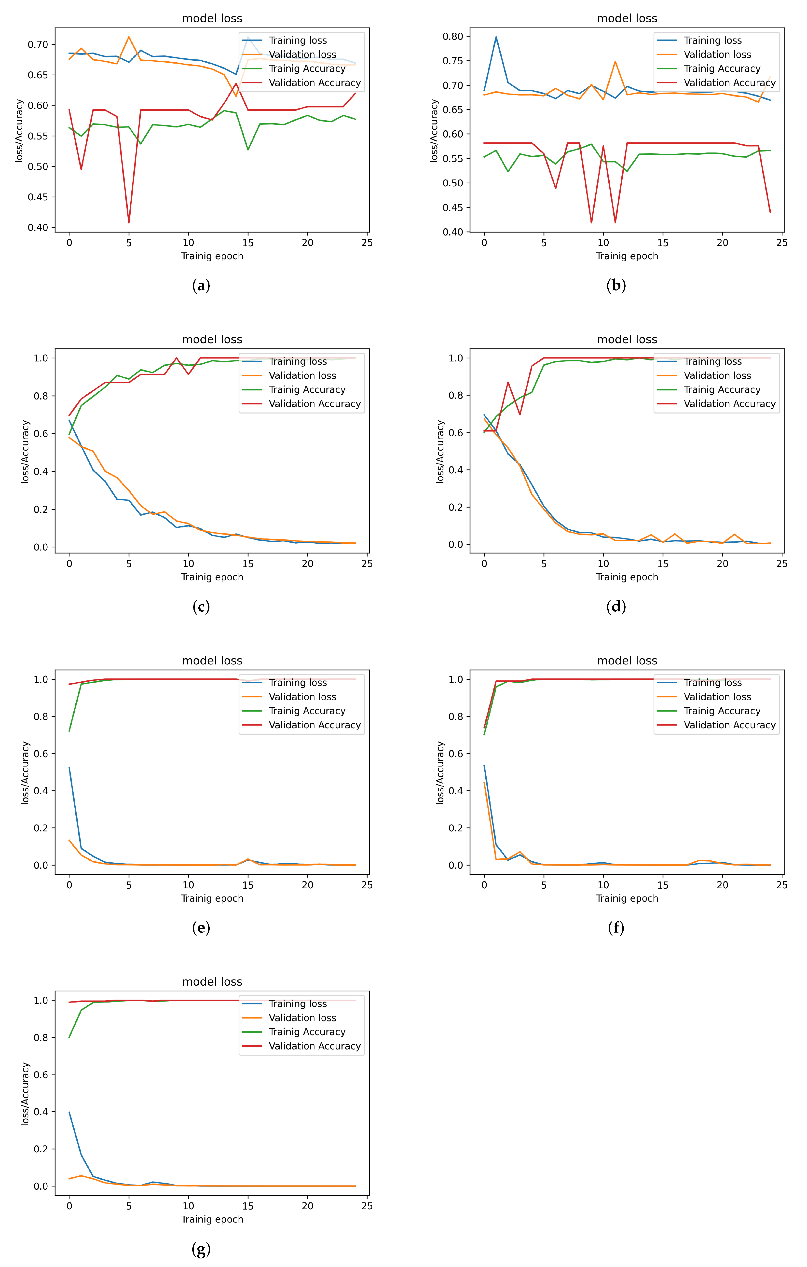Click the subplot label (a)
tap(201, 286)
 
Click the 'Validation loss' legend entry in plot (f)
tap(717, 697)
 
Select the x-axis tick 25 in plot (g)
tap(367, 1206)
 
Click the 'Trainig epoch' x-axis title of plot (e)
tap(212, 898)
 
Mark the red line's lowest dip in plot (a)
tap(128, 222)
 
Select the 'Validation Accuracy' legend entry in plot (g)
tap(315, 1046)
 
